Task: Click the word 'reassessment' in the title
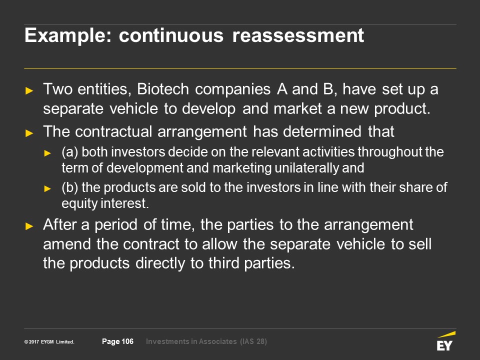298,35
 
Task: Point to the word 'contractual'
113,131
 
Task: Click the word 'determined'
322,131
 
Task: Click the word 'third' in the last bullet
224,263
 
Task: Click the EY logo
445,341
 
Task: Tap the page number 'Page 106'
117,341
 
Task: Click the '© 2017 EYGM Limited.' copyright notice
49,341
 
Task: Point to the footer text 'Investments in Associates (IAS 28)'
206,341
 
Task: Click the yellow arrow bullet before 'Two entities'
29,90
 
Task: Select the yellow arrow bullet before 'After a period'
29,226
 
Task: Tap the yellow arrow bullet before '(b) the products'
47,188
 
